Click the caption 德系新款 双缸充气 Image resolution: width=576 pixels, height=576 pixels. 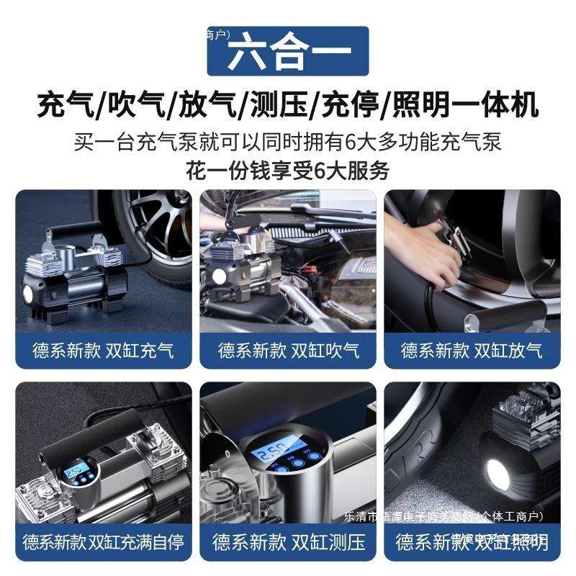click(104, 351)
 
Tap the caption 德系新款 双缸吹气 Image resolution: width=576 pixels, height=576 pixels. click(288, 351)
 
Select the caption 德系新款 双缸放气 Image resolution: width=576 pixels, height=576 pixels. click(472, 351)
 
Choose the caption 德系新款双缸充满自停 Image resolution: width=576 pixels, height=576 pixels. click(104, 541)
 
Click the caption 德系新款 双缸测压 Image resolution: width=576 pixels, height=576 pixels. click(288, 541)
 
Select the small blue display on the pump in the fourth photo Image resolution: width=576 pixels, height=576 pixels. click(74, 474)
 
